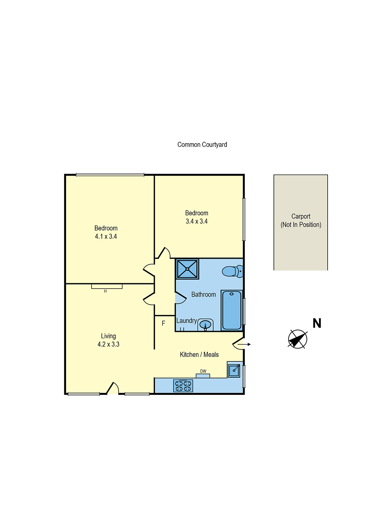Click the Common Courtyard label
point(202,144)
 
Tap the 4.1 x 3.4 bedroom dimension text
point(106,237)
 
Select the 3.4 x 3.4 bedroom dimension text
point(197,221)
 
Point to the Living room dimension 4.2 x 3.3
point(108,344)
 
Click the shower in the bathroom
point(187,269)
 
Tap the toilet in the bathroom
point(232,271)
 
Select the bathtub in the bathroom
point(232,310)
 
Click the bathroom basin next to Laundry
point(206,325)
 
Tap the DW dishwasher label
point(203,371)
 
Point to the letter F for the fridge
point(163,323)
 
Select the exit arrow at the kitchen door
point(244,344)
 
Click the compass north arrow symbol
point(297,339)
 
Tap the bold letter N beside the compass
point(317,323)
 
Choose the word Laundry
point(187,321)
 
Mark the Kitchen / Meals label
point(199,354)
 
